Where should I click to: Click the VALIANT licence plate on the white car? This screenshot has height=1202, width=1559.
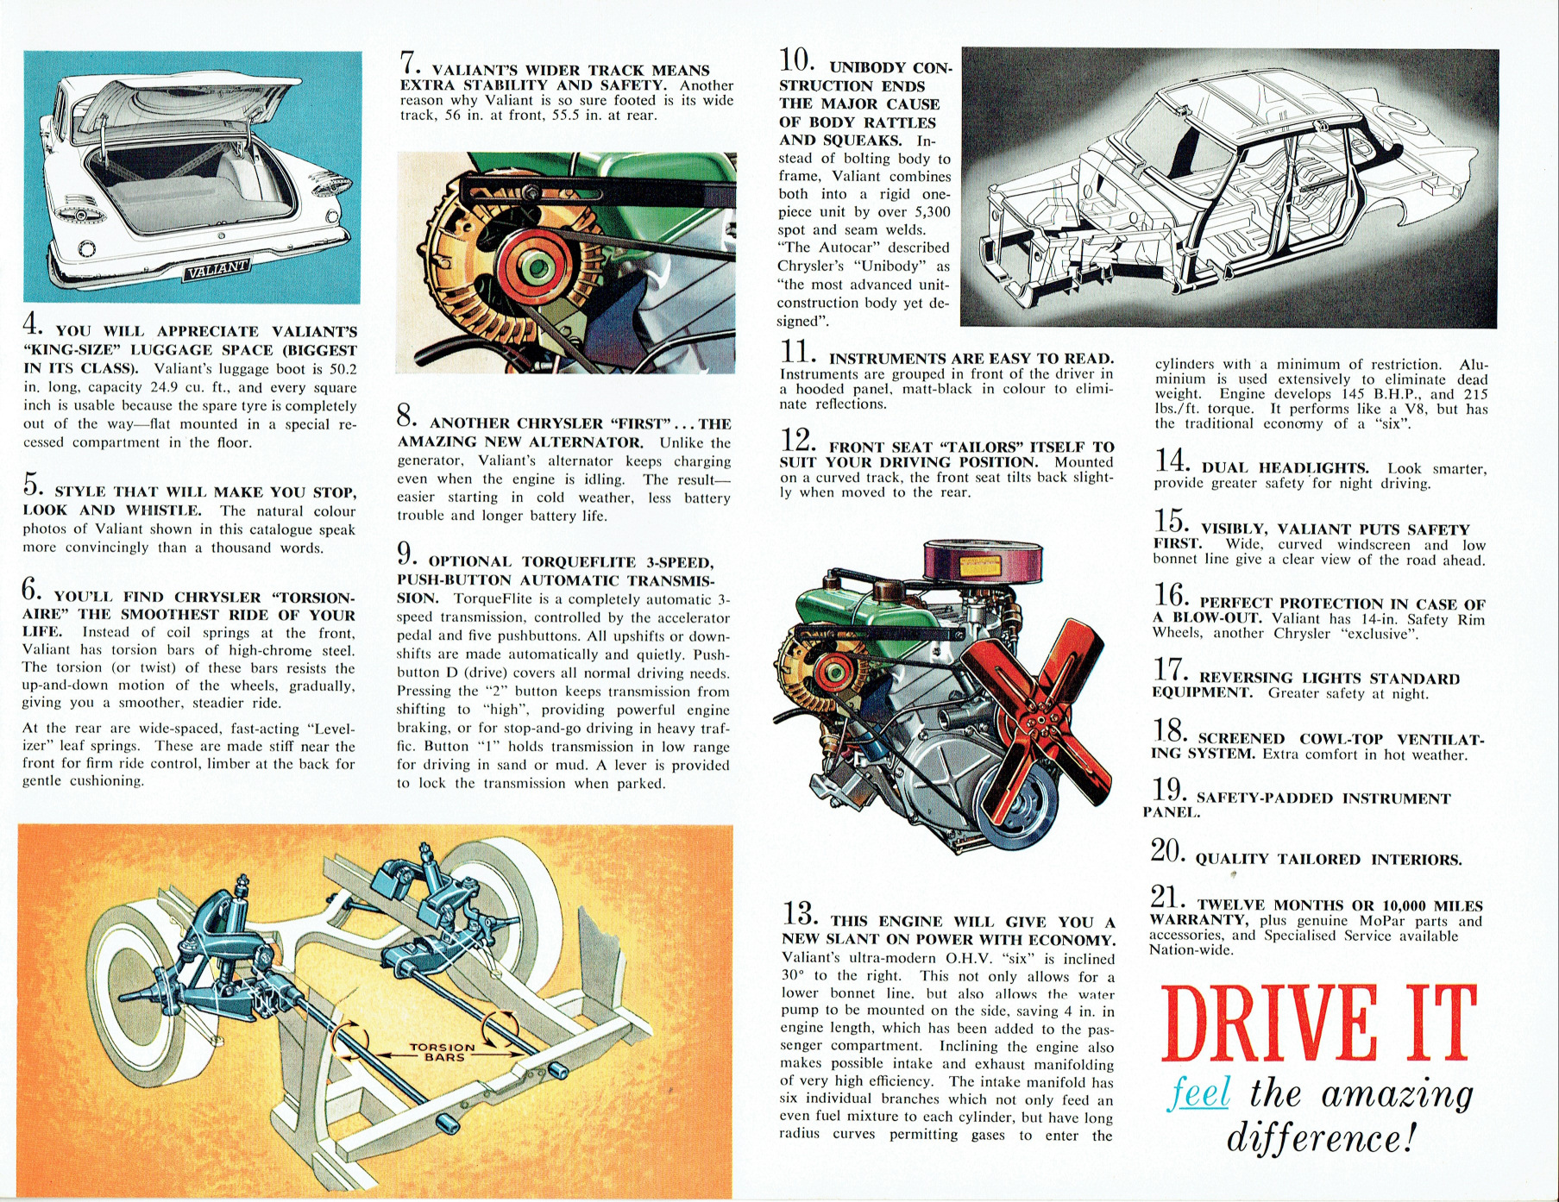tap(216, 270)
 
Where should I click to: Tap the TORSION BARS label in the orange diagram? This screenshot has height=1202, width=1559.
tap(443, 1051)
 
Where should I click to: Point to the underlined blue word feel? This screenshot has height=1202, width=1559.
tap(1200, 1094)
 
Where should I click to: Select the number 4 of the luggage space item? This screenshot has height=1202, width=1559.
tap(31, 325)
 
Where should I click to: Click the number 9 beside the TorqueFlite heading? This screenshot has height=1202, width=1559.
tap(406, 553)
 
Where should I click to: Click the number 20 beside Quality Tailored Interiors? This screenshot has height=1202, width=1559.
tap(1168, 851)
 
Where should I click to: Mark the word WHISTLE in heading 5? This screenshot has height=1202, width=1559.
tap(168, 510)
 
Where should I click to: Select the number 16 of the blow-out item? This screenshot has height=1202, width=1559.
tap(1171, 596)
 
